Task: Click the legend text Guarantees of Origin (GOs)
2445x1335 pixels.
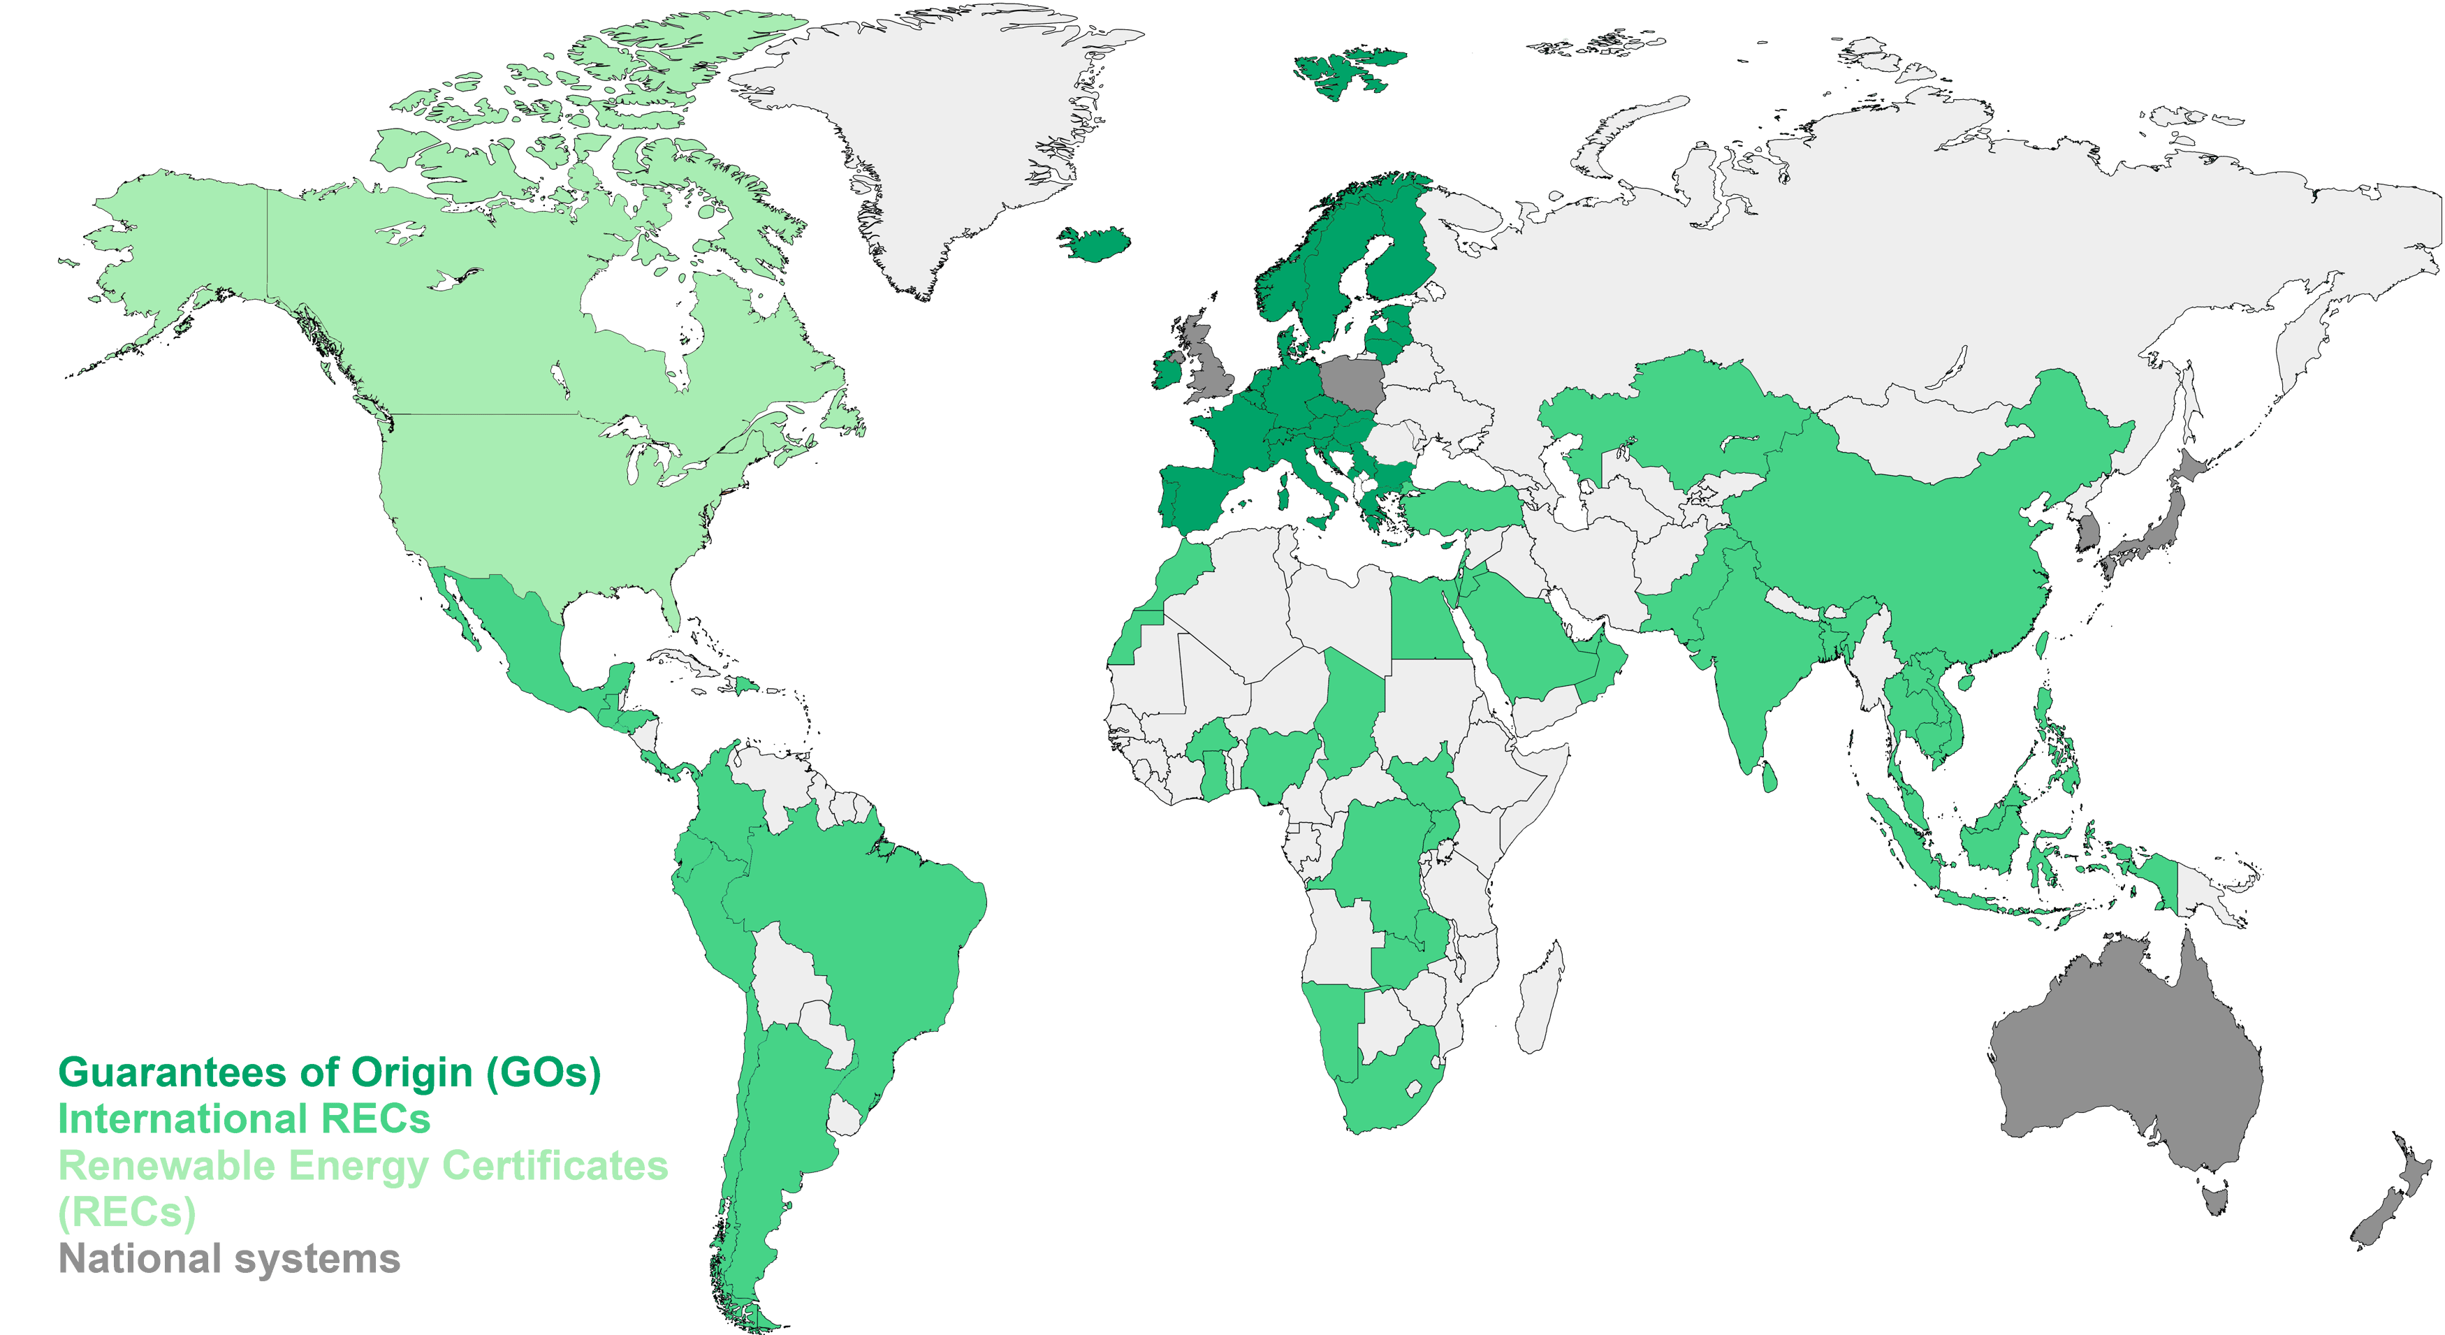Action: click(329, 1073)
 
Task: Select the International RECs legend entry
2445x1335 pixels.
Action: click(244, 1119)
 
